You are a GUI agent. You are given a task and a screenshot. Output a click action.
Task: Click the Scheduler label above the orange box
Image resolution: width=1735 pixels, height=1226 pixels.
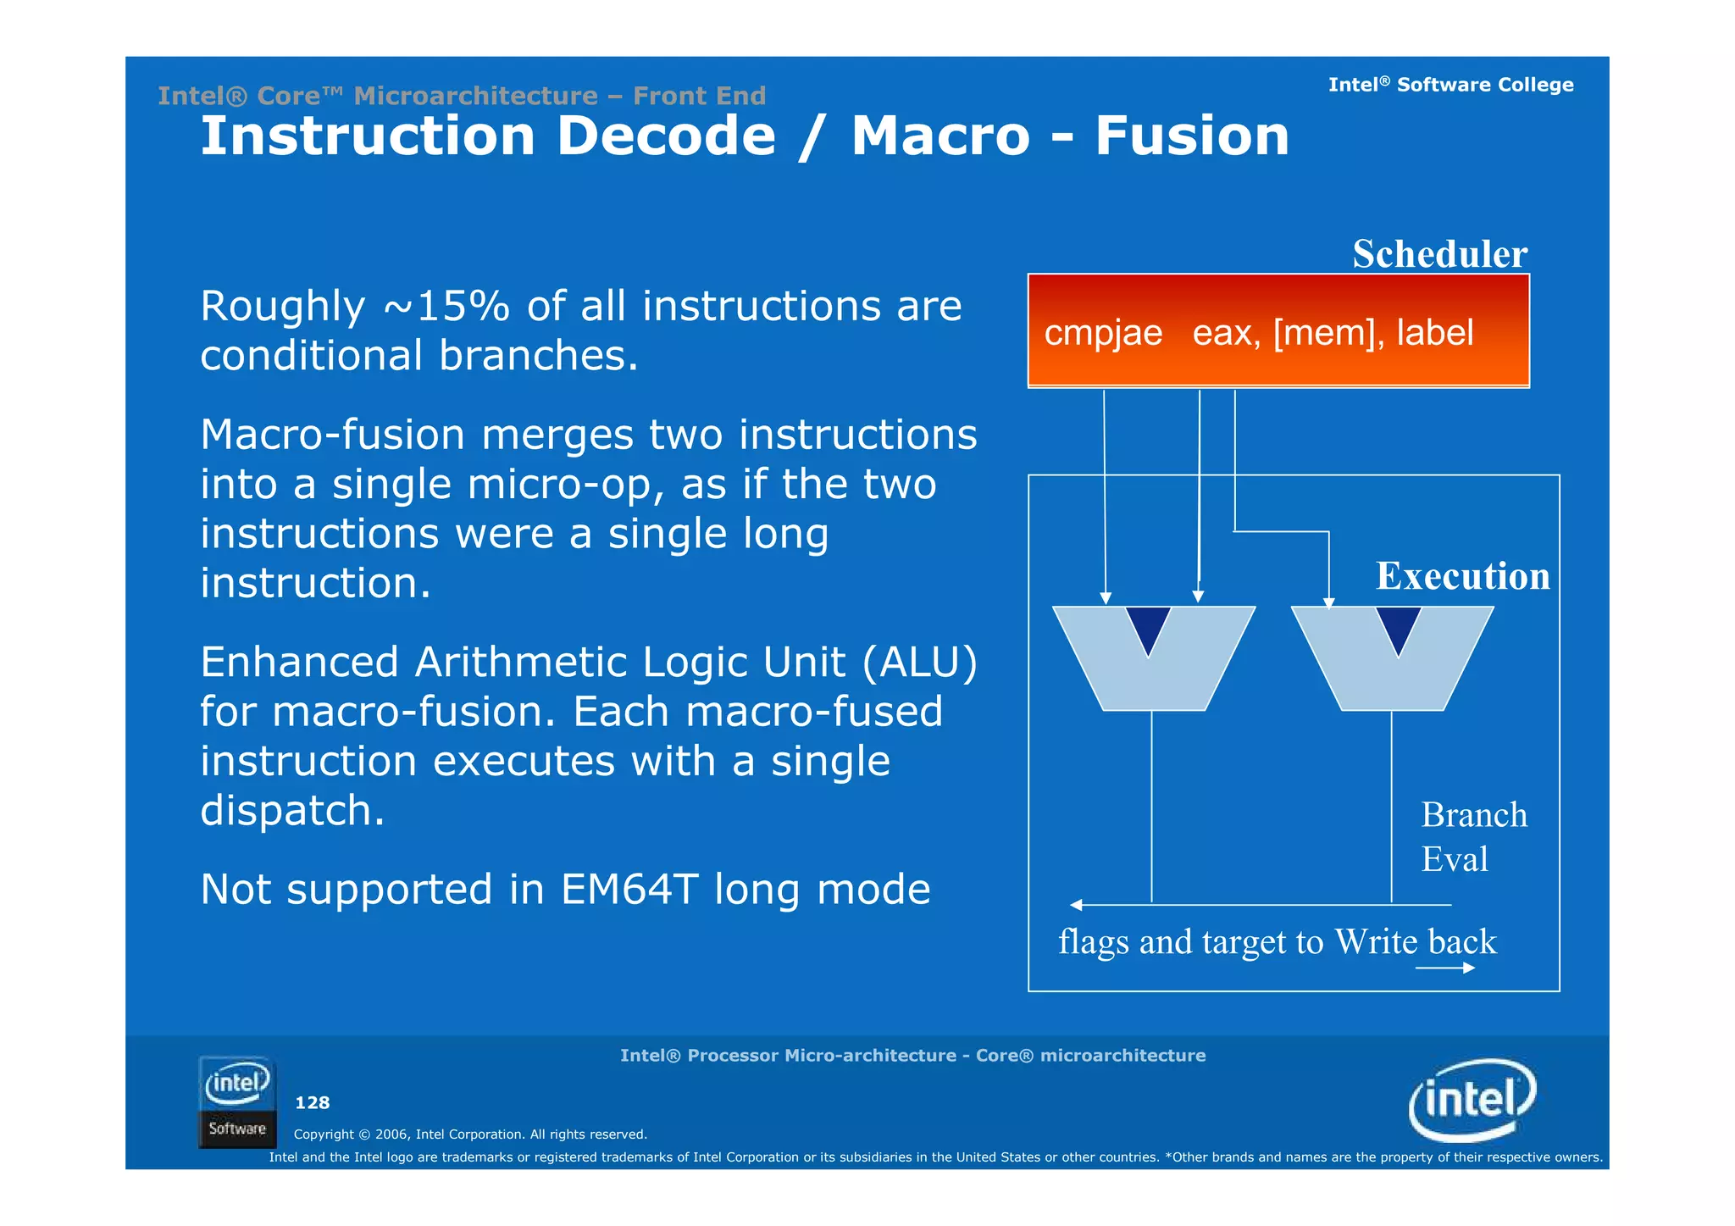click(x=1439, y=253)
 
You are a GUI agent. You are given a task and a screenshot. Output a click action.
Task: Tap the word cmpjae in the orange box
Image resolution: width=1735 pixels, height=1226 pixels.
click(x=1102, y=332)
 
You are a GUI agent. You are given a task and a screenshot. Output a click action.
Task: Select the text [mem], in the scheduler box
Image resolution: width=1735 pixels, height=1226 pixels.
click(x=1329, y=332)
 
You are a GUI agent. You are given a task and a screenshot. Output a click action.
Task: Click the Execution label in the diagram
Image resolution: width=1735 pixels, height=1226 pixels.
click(x=1462, y=575)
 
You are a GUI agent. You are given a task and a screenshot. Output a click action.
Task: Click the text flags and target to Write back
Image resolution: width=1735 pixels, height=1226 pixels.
click(x=1277, y=941)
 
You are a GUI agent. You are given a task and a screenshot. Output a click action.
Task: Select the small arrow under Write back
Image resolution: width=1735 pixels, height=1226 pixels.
click(x=1445, y=968)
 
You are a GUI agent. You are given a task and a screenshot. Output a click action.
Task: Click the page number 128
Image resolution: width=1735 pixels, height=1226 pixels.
click(x=312, y=1102)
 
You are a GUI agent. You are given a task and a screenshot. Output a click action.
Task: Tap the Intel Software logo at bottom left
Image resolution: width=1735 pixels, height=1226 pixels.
click(x=237, y=1101)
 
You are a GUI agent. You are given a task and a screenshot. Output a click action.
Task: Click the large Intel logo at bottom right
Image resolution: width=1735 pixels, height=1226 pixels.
click(x=1472, y=1100)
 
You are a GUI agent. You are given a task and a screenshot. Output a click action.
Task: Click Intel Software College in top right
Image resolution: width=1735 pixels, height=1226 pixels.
click(x=1450, y=85)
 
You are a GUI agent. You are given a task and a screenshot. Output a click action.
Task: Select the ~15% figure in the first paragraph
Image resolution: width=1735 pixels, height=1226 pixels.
click(x=446, y=306)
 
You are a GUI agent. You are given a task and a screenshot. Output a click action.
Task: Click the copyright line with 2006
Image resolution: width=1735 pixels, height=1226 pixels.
click(x=470, y=1134)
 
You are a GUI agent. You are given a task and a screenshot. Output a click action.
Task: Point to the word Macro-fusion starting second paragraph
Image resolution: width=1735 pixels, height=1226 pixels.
click(x=332, y=435)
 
